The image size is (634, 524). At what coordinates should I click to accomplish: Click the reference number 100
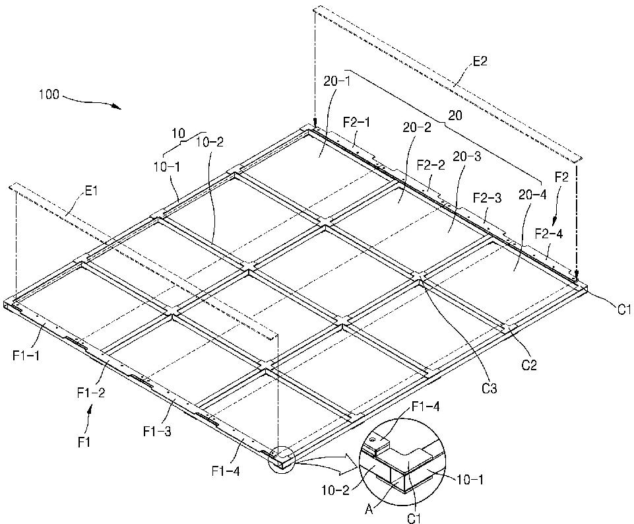[x=49, y=94]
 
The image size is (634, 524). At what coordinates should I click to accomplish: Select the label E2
[x=480, y=63]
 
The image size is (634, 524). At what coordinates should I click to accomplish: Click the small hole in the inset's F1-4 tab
[x=373, y=438]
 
